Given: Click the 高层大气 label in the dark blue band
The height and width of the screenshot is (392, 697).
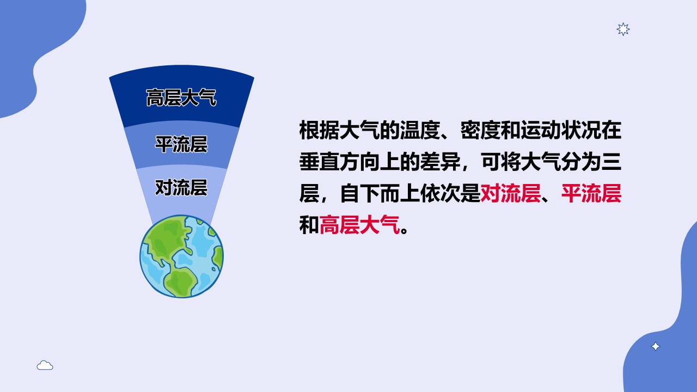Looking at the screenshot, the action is point(181,97).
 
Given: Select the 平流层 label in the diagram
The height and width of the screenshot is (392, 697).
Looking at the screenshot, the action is point(181,144).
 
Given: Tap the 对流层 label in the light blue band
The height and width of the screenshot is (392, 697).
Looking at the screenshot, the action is point(181,188).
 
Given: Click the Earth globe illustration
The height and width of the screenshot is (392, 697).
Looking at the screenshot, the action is point(181,256).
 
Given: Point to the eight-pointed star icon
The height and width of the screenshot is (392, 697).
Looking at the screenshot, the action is point(623,29).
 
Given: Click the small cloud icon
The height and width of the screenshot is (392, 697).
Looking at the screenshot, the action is point(45,365).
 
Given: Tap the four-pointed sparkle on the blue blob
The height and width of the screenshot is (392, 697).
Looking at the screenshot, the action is point(655,346).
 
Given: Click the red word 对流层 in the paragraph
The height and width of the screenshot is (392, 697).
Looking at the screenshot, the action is point(511,193).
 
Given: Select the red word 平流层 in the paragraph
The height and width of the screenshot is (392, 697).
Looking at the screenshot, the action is point(591,193).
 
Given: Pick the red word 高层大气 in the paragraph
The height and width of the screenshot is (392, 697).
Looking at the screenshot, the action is point(360,225).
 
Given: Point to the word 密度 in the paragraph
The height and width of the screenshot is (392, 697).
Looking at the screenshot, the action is point(480,130).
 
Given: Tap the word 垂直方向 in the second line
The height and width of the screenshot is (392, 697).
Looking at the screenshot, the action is point(339,162).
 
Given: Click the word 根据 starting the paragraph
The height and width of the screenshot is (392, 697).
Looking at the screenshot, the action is point(319,130).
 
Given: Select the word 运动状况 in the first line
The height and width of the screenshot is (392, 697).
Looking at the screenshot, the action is point(561,130).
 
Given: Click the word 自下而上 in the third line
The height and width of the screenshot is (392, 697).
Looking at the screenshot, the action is point(380,193).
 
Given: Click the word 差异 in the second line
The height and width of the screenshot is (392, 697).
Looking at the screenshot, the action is point(441,162).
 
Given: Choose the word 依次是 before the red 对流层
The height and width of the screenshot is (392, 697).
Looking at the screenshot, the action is point(450,193).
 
